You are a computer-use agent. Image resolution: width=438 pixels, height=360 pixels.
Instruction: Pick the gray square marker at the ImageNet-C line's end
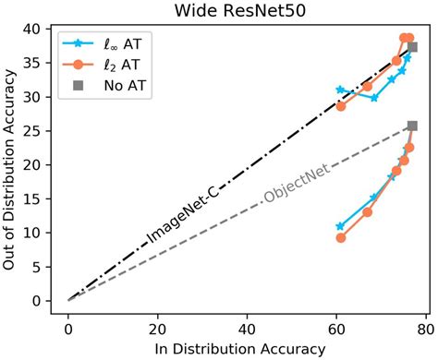(412, 47)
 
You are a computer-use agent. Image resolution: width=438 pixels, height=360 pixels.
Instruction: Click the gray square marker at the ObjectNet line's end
(412, 126)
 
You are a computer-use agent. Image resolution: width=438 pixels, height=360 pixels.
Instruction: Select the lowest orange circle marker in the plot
(341, 237)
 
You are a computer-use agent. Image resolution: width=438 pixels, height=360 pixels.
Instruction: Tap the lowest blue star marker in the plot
(340, 226)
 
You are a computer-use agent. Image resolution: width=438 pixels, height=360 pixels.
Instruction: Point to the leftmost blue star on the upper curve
(340, 90)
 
